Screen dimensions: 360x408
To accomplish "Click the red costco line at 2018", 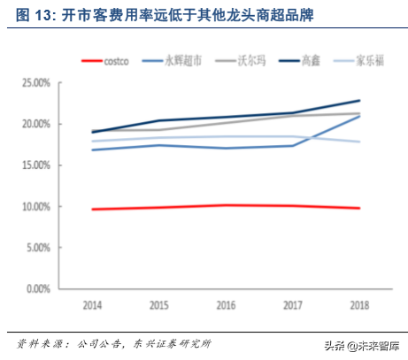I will pos(359,208).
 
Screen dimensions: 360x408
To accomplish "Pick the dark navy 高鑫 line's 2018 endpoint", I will pos(359,101).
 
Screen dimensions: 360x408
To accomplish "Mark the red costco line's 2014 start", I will pos(92,209).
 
